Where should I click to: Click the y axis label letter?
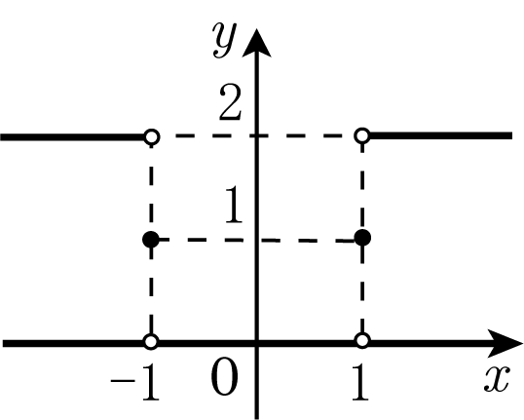(225, 40)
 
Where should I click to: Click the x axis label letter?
(497, 378)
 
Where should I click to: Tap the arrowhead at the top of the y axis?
(256, 43)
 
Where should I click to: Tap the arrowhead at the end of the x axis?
(505, 343)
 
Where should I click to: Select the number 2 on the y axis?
(230, 102)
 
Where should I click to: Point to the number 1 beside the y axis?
(234, 205)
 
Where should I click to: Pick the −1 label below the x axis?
(134, 382)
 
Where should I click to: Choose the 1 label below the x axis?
(360, 382)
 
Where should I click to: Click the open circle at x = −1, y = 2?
(151, 136)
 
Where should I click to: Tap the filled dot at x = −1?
(151, 240)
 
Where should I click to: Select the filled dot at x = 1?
(362, 238)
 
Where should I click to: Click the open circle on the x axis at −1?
(151, 342)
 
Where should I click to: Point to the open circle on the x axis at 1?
(362, 340)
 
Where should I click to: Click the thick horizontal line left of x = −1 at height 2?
(72, 137)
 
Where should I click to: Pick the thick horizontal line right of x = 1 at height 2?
(440, 135)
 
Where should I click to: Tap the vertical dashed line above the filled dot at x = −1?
(151, 188)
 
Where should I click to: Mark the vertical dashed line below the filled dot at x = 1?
(362, 289)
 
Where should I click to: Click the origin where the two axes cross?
(256, 343)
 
